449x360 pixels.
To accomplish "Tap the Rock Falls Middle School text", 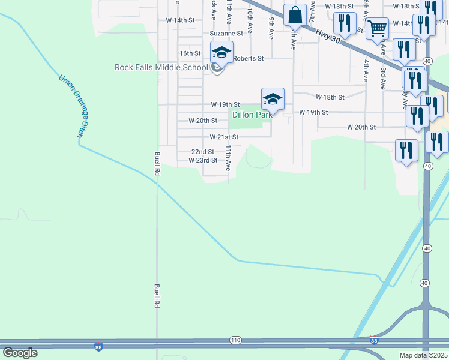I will (x=161, y=67).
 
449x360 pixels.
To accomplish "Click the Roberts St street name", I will (x=249, y=58).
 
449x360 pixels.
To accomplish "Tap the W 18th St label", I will (x=330, y=97).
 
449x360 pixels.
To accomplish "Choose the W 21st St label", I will (x=224, y=137).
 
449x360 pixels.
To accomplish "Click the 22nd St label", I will (x=202, y=152).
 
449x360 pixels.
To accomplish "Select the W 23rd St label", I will (x=202, y=160).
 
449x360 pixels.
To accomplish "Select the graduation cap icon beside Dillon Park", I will (x=272, y=98).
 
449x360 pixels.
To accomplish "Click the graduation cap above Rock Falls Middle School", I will (x=221, y=52).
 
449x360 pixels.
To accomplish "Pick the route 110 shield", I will (x=235, y=340).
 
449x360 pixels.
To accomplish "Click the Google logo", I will (x=20, y=353).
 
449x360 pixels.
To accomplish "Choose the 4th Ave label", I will (x=365, y=70).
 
